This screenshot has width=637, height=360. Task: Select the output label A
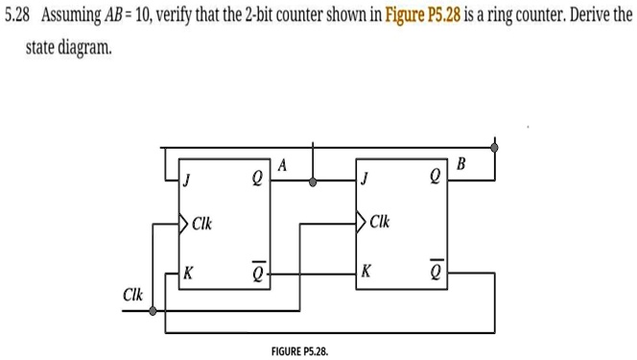[x=282, y=164]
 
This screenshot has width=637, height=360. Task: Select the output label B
[x=460, y=164]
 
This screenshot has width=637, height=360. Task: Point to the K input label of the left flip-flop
[x=188, y=273]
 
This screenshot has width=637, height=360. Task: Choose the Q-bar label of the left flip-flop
[x=256, y=272]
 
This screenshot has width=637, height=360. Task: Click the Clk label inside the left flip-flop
[x=201, y=226]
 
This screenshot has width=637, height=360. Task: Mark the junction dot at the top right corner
[x=495, y=147]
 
